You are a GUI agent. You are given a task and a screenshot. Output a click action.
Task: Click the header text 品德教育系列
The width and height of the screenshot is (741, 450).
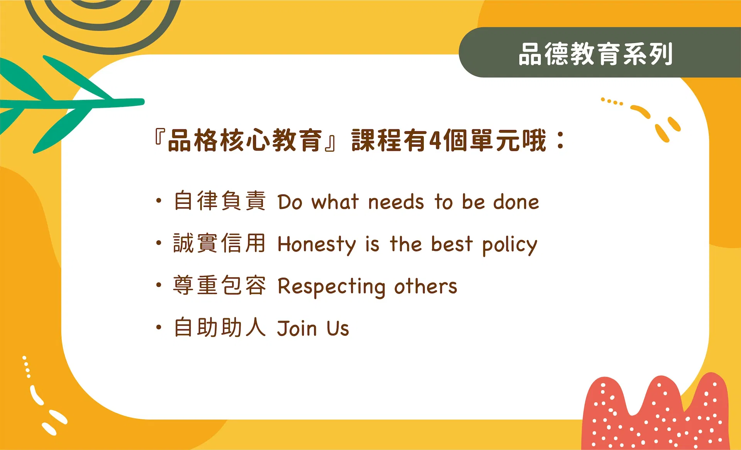596,54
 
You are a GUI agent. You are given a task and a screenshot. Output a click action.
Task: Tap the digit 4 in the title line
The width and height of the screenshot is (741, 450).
435,140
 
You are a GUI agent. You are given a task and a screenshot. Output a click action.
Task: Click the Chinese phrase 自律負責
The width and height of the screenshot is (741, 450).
220,201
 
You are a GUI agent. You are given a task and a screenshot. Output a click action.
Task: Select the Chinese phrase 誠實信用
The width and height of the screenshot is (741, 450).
220,243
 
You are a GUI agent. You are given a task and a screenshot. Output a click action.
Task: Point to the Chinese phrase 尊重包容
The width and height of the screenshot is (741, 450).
220,286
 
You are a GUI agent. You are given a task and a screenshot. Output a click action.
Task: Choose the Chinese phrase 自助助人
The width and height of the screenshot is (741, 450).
220,328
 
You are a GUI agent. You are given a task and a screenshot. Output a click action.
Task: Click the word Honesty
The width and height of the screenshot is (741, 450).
317,245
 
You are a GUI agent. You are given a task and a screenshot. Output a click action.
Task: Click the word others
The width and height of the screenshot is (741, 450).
425,286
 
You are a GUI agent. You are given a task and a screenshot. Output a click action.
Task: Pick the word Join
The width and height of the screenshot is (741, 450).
297,328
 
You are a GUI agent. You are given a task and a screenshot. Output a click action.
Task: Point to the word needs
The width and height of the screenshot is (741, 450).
396,202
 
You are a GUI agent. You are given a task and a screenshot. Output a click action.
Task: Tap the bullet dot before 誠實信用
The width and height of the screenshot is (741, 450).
159,243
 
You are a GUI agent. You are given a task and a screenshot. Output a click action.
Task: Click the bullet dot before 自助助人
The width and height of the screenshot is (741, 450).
159,327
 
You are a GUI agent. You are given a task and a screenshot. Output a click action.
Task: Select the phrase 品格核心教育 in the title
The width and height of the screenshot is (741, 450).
245,140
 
